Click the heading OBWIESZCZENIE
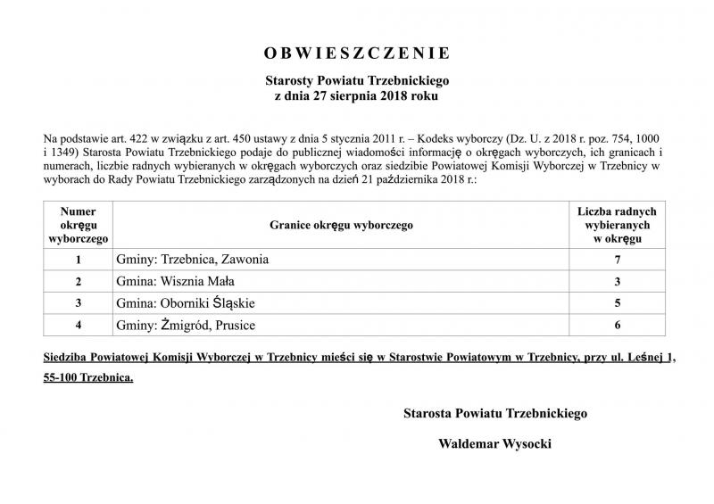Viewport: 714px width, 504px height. [x=356, y=52]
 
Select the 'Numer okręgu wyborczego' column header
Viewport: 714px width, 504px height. [x=79, y=226]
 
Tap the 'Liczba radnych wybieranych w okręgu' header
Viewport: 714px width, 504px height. [x=617, y=226]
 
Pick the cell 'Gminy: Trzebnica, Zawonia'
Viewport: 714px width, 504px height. [x=192, y=260]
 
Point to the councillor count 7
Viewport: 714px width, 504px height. [x=617, y=260]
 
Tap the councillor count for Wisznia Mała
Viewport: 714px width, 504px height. [x=617, y=282]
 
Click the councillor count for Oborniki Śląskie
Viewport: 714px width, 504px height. [x=617, y=303]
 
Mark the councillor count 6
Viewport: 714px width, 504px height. [x=617, y=326]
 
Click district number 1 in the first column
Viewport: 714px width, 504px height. [x=79, y=260]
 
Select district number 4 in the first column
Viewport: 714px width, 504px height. [x=79, y=326]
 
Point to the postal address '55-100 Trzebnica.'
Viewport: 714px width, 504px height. [x=88, y=378]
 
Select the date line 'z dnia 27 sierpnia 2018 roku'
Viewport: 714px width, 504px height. [x=356, y=95]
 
